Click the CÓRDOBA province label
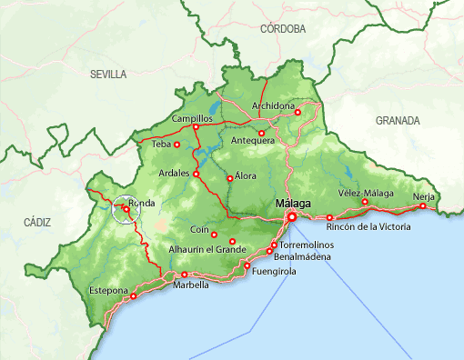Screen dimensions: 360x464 (x=282, y=29)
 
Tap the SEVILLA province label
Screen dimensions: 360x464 (x=108, y=75)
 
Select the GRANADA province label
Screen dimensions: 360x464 (x=398, y=120)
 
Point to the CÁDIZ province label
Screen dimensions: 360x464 (x=38, y=222)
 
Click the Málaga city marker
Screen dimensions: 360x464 (x=292, y=217)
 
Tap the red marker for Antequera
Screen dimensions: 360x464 (x=262, y=133)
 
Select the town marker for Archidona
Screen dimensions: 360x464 (x=298, y=113)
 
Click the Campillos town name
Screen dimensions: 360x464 (x=191, y=119)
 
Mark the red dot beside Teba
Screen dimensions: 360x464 (x=177, y=144)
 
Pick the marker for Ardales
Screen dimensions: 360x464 (x=196, y=173)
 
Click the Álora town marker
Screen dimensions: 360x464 (x=229, y=178)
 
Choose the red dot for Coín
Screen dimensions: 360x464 (x=215, y=235)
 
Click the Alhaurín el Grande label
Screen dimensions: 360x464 (x=207, y=249)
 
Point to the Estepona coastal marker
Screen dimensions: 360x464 (x=134, y=295)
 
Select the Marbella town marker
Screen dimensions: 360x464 (x=185, y=275)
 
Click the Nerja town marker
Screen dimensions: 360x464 (x=422, y=206)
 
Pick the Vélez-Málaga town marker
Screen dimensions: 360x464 (x=364, y=202)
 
